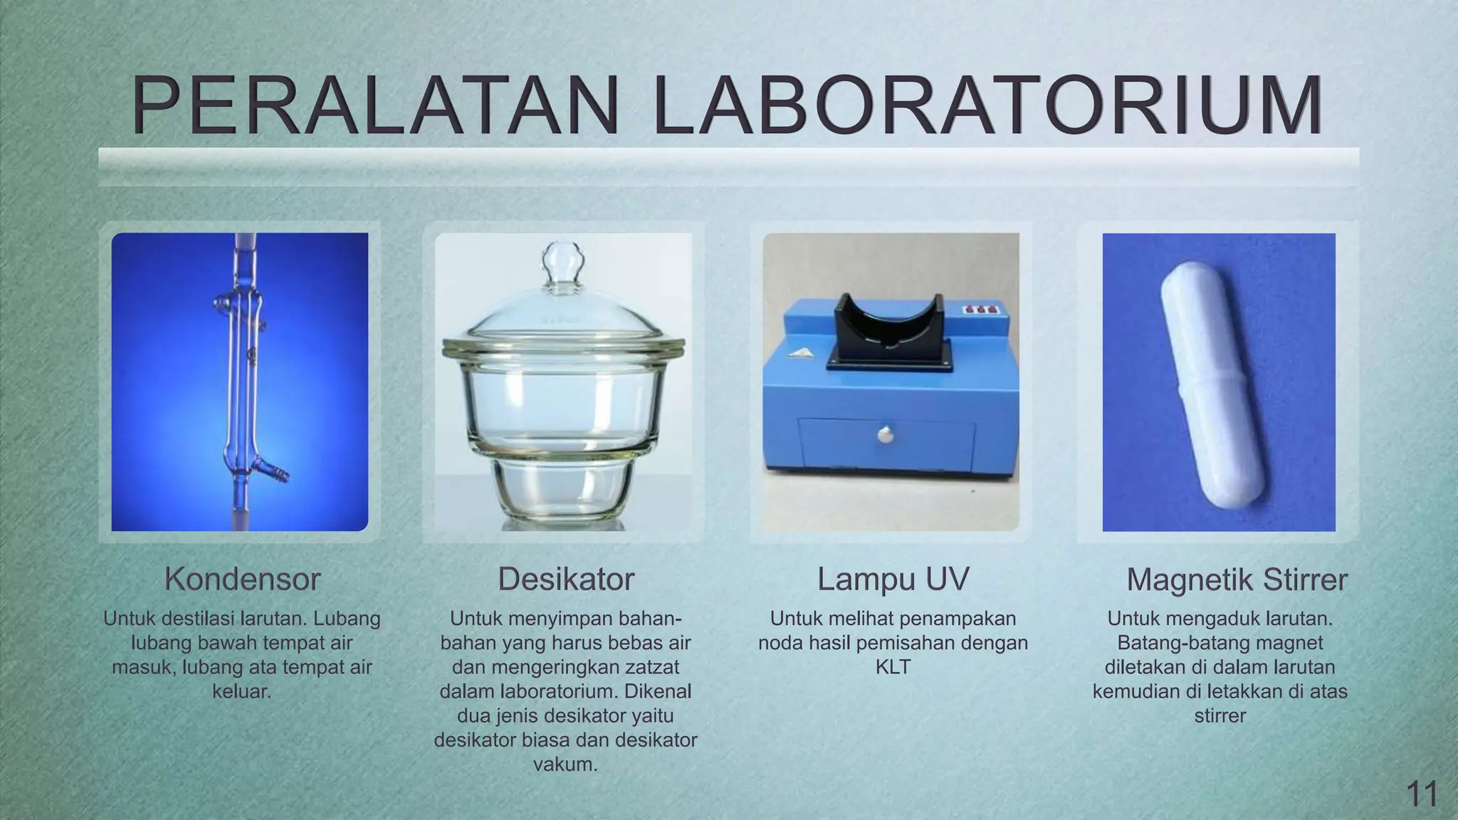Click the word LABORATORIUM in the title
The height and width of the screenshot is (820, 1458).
coord(987,107)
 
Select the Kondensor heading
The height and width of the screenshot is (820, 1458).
coord(242,579)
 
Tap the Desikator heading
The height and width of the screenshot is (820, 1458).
coord(565,579)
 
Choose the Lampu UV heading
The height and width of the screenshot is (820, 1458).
coord(893,579)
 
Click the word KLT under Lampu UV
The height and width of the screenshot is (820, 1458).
coord(893,668)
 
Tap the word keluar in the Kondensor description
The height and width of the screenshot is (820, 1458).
coord(241,691)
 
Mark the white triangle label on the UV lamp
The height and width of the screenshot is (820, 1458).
coord(802,352)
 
